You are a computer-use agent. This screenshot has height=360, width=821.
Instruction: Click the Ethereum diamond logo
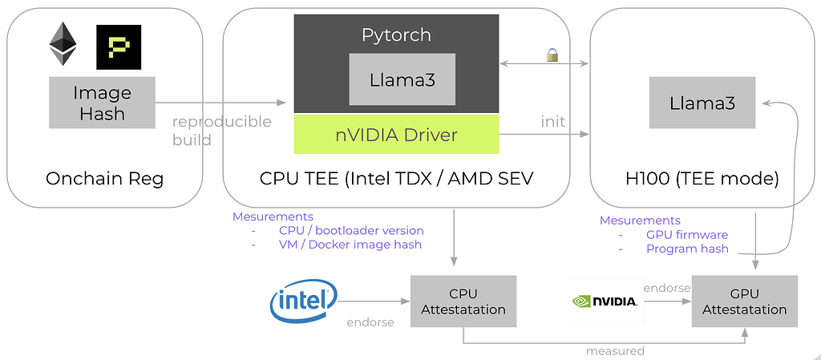pos(63,44)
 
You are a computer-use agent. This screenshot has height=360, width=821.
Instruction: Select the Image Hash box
pos(102,103)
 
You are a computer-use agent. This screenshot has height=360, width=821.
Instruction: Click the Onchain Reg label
pos(104,179)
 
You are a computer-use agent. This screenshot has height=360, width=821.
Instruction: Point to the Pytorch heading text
pos(396,35)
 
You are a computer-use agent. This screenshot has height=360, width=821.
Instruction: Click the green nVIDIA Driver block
pos(396,134)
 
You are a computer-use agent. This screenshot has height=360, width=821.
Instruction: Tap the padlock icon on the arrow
pos(552,55)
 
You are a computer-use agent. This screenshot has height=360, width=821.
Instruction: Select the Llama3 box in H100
pos(702,103)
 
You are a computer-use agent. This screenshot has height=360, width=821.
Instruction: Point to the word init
pos(552,122)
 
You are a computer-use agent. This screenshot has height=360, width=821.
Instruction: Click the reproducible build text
pos(222,131)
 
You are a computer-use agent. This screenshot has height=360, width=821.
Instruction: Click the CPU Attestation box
pos(463,301)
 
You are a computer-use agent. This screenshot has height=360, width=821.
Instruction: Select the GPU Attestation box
pos(745,301)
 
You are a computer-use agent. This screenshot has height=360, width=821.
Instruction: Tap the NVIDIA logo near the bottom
pos(605,301)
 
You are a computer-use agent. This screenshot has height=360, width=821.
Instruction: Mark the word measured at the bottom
pos(615,351)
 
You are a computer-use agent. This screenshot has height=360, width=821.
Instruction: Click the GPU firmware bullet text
pos(687,235)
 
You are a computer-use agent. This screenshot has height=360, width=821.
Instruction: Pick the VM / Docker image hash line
pos(350,245)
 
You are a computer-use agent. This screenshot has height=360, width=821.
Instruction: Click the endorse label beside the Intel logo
pos(370,322)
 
